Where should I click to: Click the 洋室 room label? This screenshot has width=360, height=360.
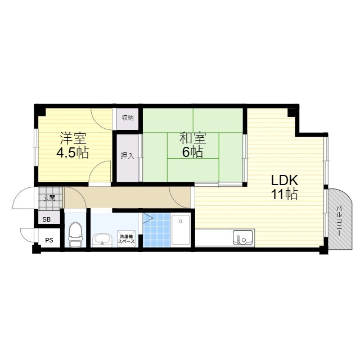(x=73, y=138)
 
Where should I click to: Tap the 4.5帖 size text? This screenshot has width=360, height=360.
(x=73, y=152)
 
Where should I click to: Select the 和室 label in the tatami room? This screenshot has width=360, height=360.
(x=193, y=138)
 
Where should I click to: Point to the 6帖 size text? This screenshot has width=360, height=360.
(x=192, y=152)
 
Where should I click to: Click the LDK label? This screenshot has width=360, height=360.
(x=285, y=180)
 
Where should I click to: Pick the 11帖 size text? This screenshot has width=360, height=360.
(x=285, y=194)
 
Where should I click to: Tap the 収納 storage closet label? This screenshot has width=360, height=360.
(x=128, y=118)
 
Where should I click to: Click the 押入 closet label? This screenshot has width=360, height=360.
(x=128, y=156)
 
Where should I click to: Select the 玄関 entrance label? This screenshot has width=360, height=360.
(x=49, y=197)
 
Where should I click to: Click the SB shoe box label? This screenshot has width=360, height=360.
(x=47, y=219)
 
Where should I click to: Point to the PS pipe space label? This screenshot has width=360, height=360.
(x=49, y=240)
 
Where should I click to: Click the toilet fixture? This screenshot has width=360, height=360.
(x=75, y=234)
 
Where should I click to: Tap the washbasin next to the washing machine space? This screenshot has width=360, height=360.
(x=102, y=240)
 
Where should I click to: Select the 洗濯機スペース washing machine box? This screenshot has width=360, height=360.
(x=126, y=238)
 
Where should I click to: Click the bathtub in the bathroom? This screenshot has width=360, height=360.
(x=181, y=230)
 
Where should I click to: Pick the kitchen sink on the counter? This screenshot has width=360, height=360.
(x=242, y=237)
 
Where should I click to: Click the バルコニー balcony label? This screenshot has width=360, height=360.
(x=339, y=221)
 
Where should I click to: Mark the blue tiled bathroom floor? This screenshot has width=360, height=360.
(x=156, y=230)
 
